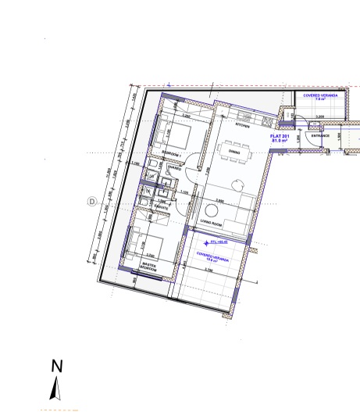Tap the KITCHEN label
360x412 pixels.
(x=243, y=124)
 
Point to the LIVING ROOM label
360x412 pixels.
(x=211, y=222)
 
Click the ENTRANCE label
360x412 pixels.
(x=321, y=135)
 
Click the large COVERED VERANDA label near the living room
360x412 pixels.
(x=209, y=256)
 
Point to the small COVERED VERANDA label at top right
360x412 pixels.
(x=319, y=98)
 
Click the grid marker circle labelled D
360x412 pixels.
(x=91, y=201)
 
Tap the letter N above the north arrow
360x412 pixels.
(x=55, y=365)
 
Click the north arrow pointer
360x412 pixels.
(x=55, y=389)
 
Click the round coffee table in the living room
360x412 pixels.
(x=212, y=211)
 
